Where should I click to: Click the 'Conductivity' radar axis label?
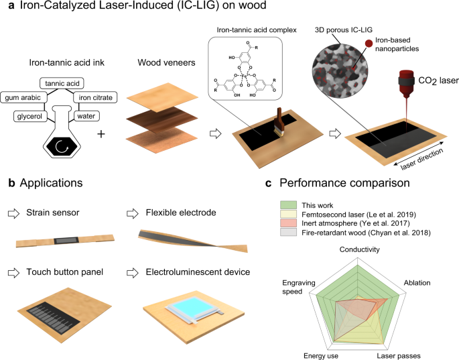click(x=360, y=250)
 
